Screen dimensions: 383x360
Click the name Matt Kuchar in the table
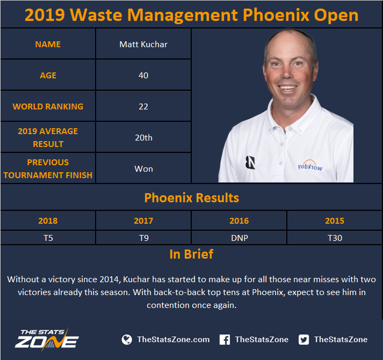coord(143,45)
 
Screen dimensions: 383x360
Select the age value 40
coord(143,75)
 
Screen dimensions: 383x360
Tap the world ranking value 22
coord(143,107)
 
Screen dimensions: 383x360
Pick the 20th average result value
coord(143,137)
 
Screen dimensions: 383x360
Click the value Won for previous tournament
coord(143,169)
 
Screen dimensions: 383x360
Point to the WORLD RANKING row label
coord(48,107)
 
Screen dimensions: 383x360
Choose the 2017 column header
coord(143,221)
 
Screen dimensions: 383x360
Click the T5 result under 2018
coord(48,238)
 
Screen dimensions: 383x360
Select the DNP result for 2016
coord(240,238)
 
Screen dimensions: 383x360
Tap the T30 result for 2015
coord(335,238)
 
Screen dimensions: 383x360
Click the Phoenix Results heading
coord(191,197)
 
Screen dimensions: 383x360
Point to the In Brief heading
coord(191,254)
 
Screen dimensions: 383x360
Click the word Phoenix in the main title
coord(276,15)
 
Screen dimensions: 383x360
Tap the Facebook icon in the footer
coord(225,340)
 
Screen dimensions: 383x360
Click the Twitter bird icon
coord(303,340)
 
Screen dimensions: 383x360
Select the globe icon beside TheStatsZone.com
coord(127,340)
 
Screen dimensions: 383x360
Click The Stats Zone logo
coord(47,339)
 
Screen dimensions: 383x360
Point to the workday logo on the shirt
coord(310,165)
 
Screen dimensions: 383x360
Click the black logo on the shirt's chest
coord(250,163)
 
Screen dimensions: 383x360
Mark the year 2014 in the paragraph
coord(110,280)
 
